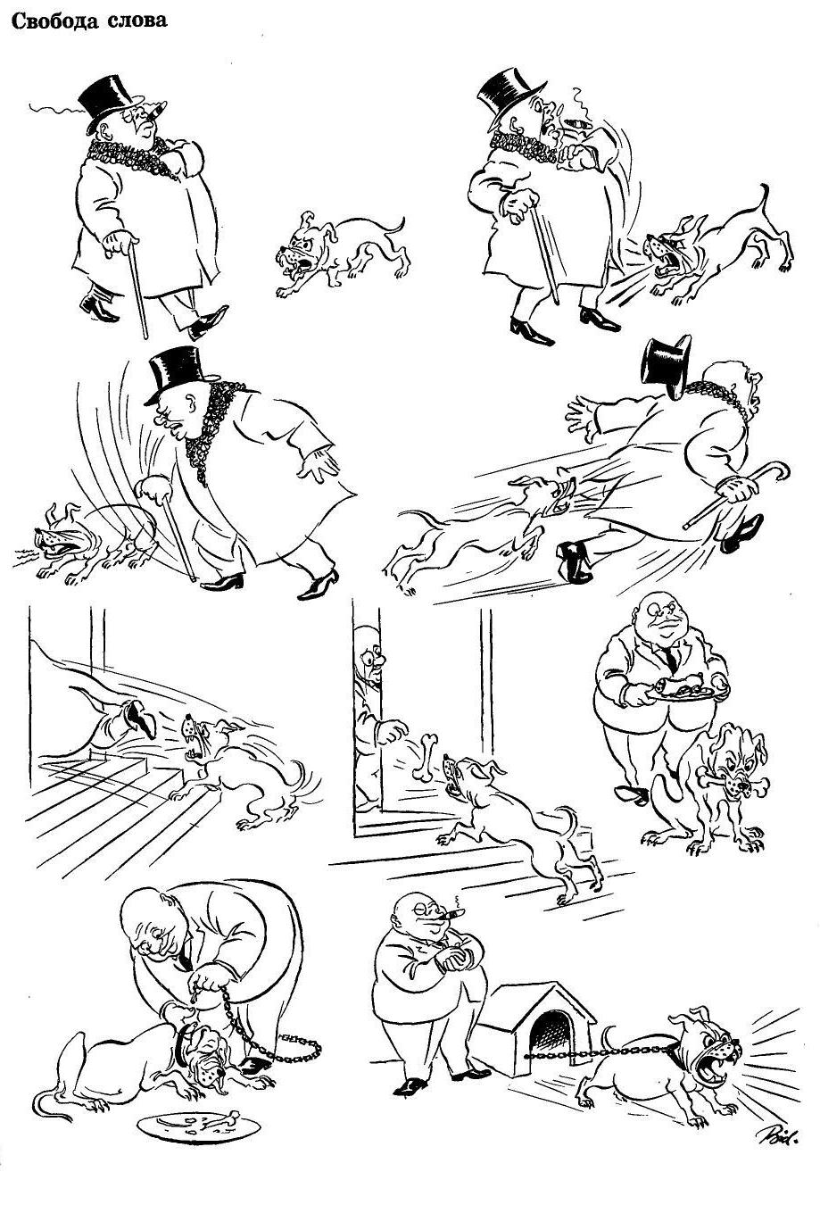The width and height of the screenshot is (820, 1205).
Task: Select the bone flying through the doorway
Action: tap(425, 756)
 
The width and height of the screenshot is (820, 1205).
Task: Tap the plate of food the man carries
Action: tap(682, 690)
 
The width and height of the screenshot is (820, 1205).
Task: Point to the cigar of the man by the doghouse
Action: tap(457, 914)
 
